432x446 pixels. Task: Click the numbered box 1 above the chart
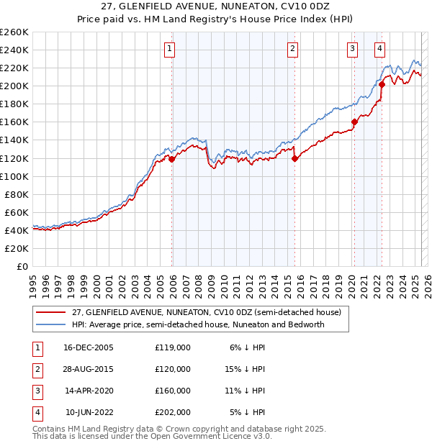pyautogui.click(x=168, y=49)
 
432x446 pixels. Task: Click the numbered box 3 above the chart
pyautogui.click(x=352, y=49)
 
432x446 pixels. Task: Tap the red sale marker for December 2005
pyautogui.click(x=172, y=159)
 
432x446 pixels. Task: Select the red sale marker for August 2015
pyautogui.click(x=294, y=159)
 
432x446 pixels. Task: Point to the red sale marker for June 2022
pyautogui.click(x=382, y=84)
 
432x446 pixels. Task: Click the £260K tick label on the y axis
pyautogui.click(x=14, y=32)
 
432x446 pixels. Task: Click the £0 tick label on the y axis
pyautogui.click(x=22, y=266)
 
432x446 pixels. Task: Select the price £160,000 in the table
pyautogui.click(x=173, y=391)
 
